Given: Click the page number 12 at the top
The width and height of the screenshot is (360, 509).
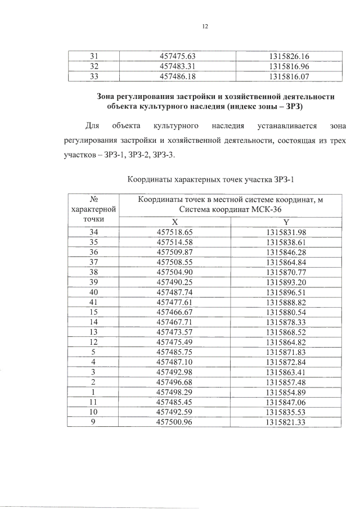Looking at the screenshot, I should [205, 26].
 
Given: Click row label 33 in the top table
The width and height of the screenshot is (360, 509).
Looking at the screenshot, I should [94, 75].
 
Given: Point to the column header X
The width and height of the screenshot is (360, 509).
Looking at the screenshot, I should [175, 222].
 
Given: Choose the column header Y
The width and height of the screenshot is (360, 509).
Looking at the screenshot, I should [286, 222].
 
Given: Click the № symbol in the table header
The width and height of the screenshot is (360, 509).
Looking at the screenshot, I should [94, 199].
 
